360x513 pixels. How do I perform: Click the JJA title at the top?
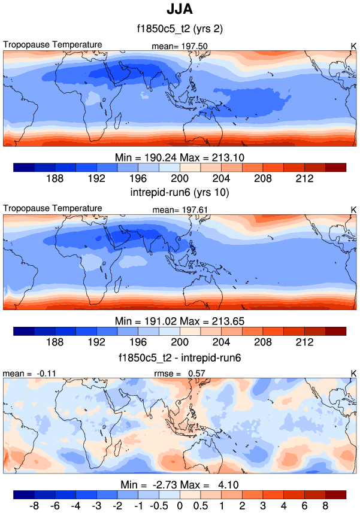(x=180, y=10)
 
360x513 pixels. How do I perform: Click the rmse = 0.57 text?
(x=180, y=374)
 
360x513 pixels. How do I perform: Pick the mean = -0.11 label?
(x=23, y=374)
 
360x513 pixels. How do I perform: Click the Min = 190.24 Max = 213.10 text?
(x=180, y=157)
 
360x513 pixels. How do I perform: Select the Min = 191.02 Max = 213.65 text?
(x=180, y=321)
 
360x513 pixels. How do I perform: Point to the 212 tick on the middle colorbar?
(x=305, y=342)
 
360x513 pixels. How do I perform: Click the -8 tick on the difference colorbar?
(x=34, y=506)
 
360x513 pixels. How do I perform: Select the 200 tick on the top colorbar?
(x=180, y=178)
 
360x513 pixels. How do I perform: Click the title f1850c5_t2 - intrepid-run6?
(x=180, y=357)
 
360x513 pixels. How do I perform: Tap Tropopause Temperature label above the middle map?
(x=53, y=208)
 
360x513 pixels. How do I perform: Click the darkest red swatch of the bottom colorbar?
(x=336, y=494)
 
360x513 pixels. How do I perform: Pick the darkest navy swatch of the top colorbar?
(x=23, y=168)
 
